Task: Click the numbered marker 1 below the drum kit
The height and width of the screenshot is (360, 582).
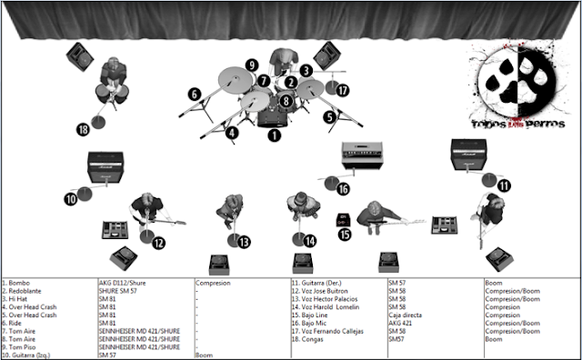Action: (x=274, y=135)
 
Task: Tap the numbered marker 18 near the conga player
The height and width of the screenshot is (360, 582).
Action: (x=84, y=130)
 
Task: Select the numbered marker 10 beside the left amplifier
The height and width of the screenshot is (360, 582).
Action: (x=71, y=197)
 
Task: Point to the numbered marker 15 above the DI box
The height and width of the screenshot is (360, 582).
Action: (x=344, y=234)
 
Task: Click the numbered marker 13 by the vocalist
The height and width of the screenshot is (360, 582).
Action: (x=244, y=242)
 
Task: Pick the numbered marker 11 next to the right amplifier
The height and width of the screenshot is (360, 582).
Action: (x=503, y=185)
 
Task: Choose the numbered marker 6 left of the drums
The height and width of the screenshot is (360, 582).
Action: (x=194, y=93)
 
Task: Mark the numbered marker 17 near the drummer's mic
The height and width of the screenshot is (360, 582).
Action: (x=342, y=91)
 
